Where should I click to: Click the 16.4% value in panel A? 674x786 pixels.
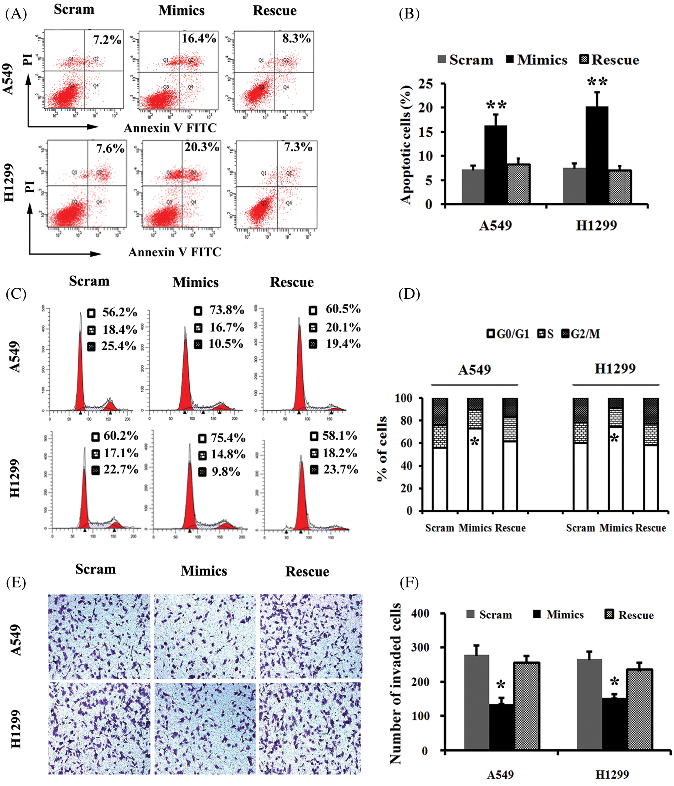tap(199, 38)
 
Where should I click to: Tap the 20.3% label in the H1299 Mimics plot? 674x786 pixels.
tap(201, 147)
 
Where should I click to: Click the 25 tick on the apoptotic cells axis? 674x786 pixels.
tap(426, 84)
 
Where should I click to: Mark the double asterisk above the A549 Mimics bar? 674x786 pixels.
tap(496, 105)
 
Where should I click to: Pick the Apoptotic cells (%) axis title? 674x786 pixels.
tap(406, 144)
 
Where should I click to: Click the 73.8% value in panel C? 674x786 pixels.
tap(226, 310)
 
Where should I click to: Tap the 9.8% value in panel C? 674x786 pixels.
tap(226, 472)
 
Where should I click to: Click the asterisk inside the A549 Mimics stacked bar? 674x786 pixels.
tap(474, 441)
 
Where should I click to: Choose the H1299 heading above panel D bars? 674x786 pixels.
tap(615, 369)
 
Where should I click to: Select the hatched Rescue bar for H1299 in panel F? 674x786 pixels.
tap(639, 709)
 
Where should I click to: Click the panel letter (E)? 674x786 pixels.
tap(16, 582)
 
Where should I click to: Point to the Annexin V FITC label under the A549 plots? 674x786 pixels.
tap(170, 128)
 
